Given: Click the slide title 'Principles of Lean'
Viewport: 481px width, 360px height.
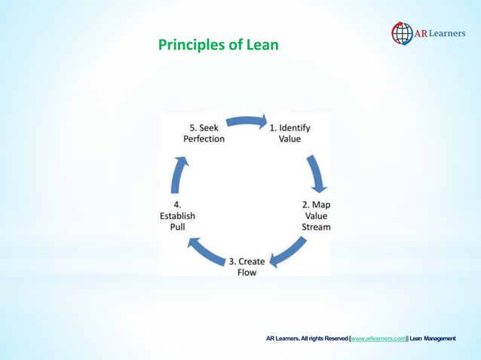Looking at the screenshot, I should (x=218, y=45).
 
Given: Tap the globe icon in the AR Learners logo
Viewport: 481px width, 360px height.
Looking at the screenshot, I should (x=402, y=33).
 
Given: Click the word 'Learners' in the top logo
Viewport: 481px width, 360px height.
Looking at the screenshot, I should (x=444, y=33).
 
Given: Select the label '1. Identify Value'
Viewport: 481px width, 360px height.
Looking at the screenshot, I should (x=290, y=133).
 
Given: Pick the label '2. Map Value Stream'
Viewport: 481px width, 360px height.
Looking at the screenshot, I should (x=316, y=215).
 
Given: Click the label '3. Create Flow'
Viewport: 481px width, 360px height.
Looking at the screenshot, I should (x=247, y=267).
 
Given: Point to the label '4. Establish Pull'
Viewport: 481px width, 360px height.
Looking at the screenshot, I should (x=178, y=215).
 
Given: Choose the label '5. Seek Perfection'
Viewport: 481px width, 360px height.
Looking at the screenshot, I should (x=204, y=133).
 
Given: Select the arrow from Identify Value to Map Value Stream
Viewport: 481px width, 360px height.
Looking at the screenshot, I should (x=316, y=175).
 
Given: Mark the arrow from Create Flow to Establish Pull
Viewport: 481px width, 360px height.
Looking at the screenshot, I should (x=206, y=252).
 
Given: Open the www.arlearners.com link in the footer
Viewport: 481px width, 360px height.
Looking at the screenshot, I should (x=378, y=340).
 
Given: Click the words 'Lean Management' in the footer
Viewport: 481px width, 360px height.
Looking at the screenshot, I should (x=432, y=340).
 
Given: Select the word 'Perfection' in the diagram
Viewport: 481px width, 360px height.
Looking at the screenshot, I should (x=204, y=139).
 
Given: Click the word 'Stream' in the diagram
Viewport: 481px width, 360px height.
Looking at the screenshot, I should (x=316, y=226).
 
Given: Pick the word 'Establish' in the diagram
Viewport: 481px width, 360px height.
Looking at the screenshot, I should (x=178, y=215).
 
